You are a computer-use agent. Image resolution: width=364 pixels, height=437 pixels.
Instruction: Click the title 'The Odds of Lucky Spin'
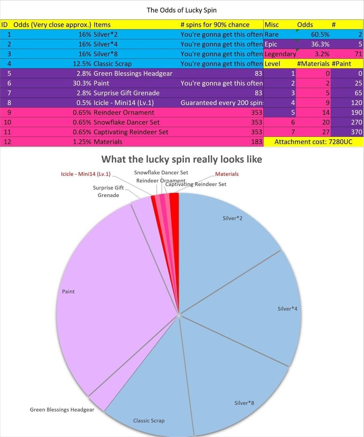click(x=181, y=10)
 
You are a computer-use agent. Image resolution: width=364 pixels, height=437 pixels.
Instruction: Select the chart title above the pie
click(x=181, y=159)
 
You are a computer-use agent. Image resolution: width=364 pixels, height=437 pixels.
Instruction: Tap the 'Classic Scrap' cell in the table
click(x=113, y=64)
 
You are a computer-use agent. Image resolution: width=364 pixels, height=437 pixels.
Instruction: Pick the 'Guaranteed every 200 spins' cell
click(x=221, y=103)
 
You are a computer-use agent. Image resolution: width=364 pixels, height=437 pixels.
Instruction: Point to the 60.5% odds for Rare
click(x=320, y=34)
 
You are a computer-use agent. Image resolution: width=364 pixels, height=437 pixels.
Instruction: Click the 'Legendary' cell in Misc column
click(x=280, y=54)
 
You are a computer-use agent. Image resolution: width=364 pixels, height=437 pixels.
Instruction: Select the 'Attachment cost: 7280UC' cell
click(x=313, y=142)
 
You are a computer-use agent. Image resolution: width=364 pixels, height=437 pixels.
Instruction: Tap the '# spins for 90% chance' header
click(x=215, y=25)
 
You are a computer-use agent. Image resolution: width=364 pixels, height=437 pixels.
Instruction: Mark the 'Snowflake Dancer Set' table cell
click(x=126, y=122)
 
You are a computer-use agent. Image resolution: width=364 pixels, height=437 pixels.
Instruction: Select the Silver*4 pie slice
click(x=263, y=308)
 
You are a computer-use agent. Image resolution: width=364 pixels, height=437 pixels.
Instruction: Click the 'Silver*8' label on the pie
click(x=244, y=403)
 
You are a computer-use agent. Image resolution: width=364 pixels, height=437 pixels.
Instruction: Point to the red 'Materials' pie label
click(x=227, y=174)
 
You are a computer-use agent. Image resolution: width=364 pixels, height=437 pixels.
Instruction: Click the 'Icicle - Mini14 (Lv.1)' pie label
click(x=85, y=174)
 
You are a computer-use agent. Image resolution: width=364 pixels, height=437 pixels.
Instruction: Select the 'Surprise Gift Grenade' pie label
click(x=108, y=191)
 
